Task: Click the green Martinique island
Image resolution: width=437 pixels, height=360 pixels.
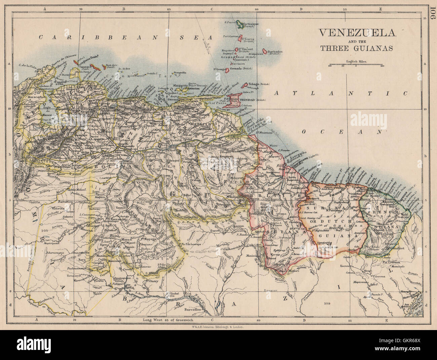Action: click(x=240, y=24)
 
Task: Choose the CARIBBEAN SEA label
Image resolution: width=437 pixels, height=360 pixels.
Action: click(x=126, y=37)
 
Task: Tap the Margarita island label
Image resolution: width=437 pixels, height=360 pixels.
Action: click(x=181, y=86)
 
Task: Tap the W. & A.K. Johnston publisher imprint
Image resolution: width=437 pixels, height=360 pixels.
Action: click(x=212, y=326)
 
